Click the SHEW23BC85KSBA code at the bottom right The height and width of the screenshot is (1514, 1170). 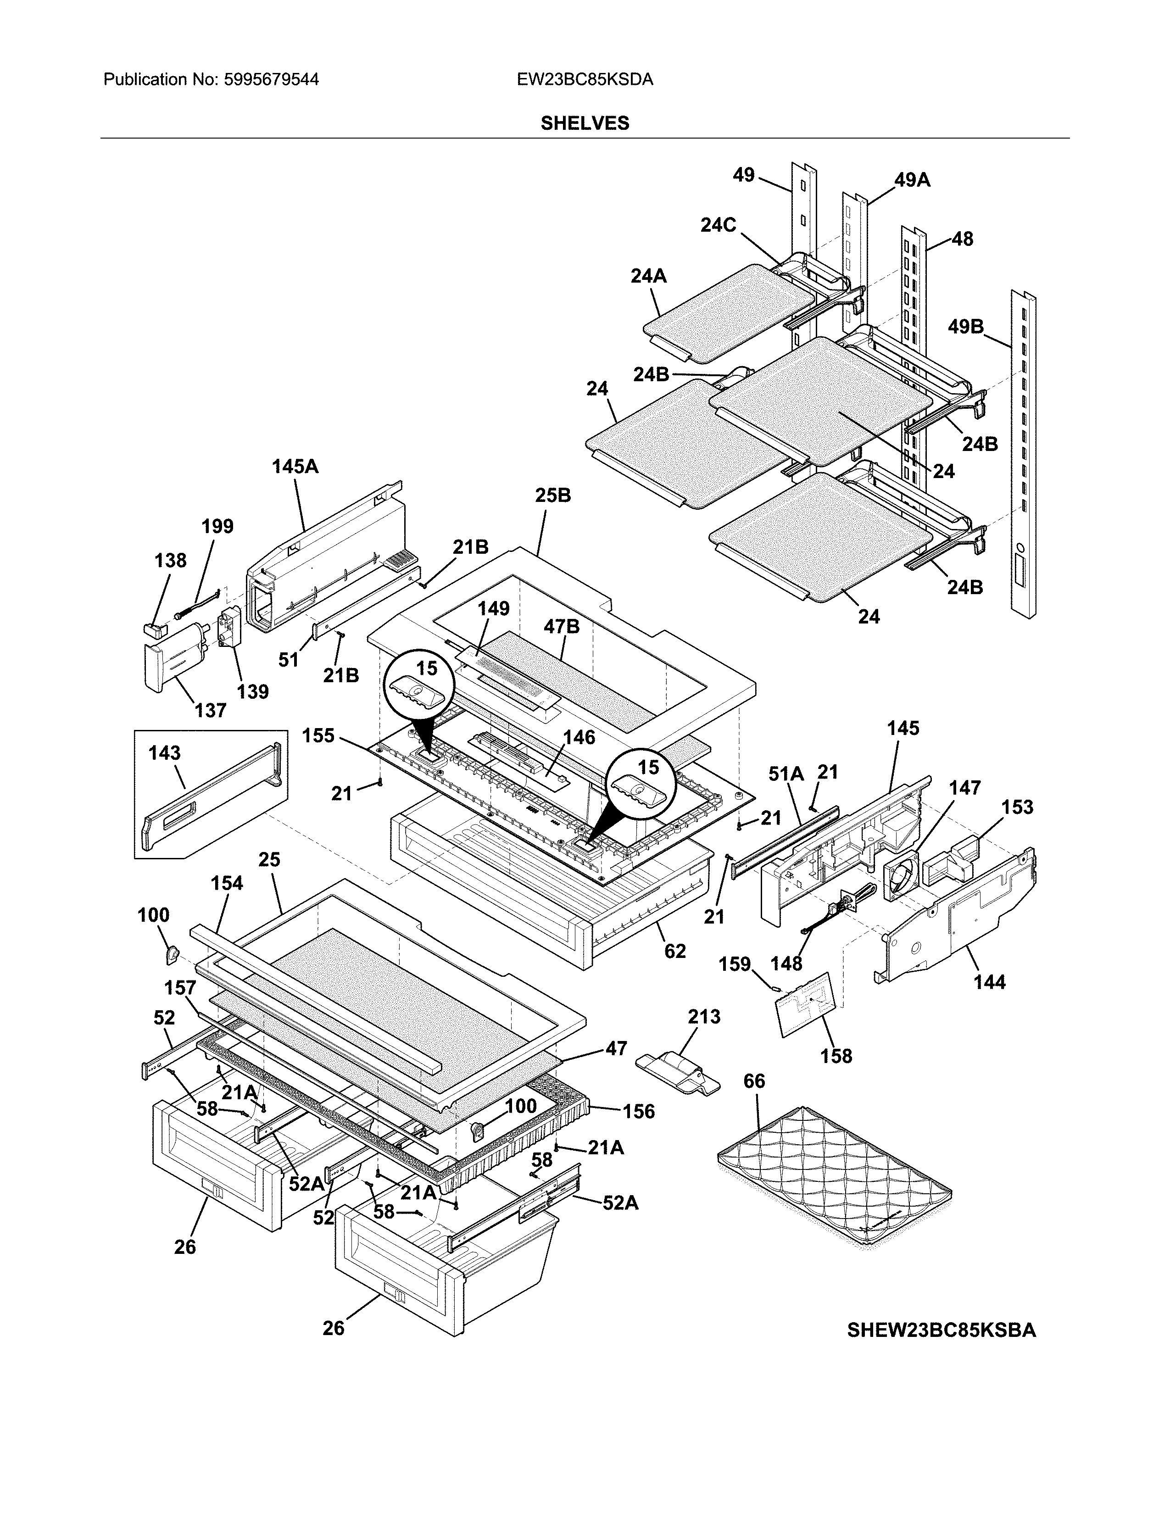(941, 1330)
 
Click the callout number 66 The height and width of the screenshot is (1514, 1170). (754, 1081)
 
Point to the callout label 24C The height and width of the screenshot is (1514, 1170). (718, 225)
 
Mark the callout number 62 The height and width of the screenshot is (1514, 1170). (674, 951)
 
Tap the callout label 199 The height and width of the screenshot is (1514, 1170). (217, 526)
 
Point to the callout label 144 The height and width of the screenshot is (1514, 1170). (989, 982)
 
